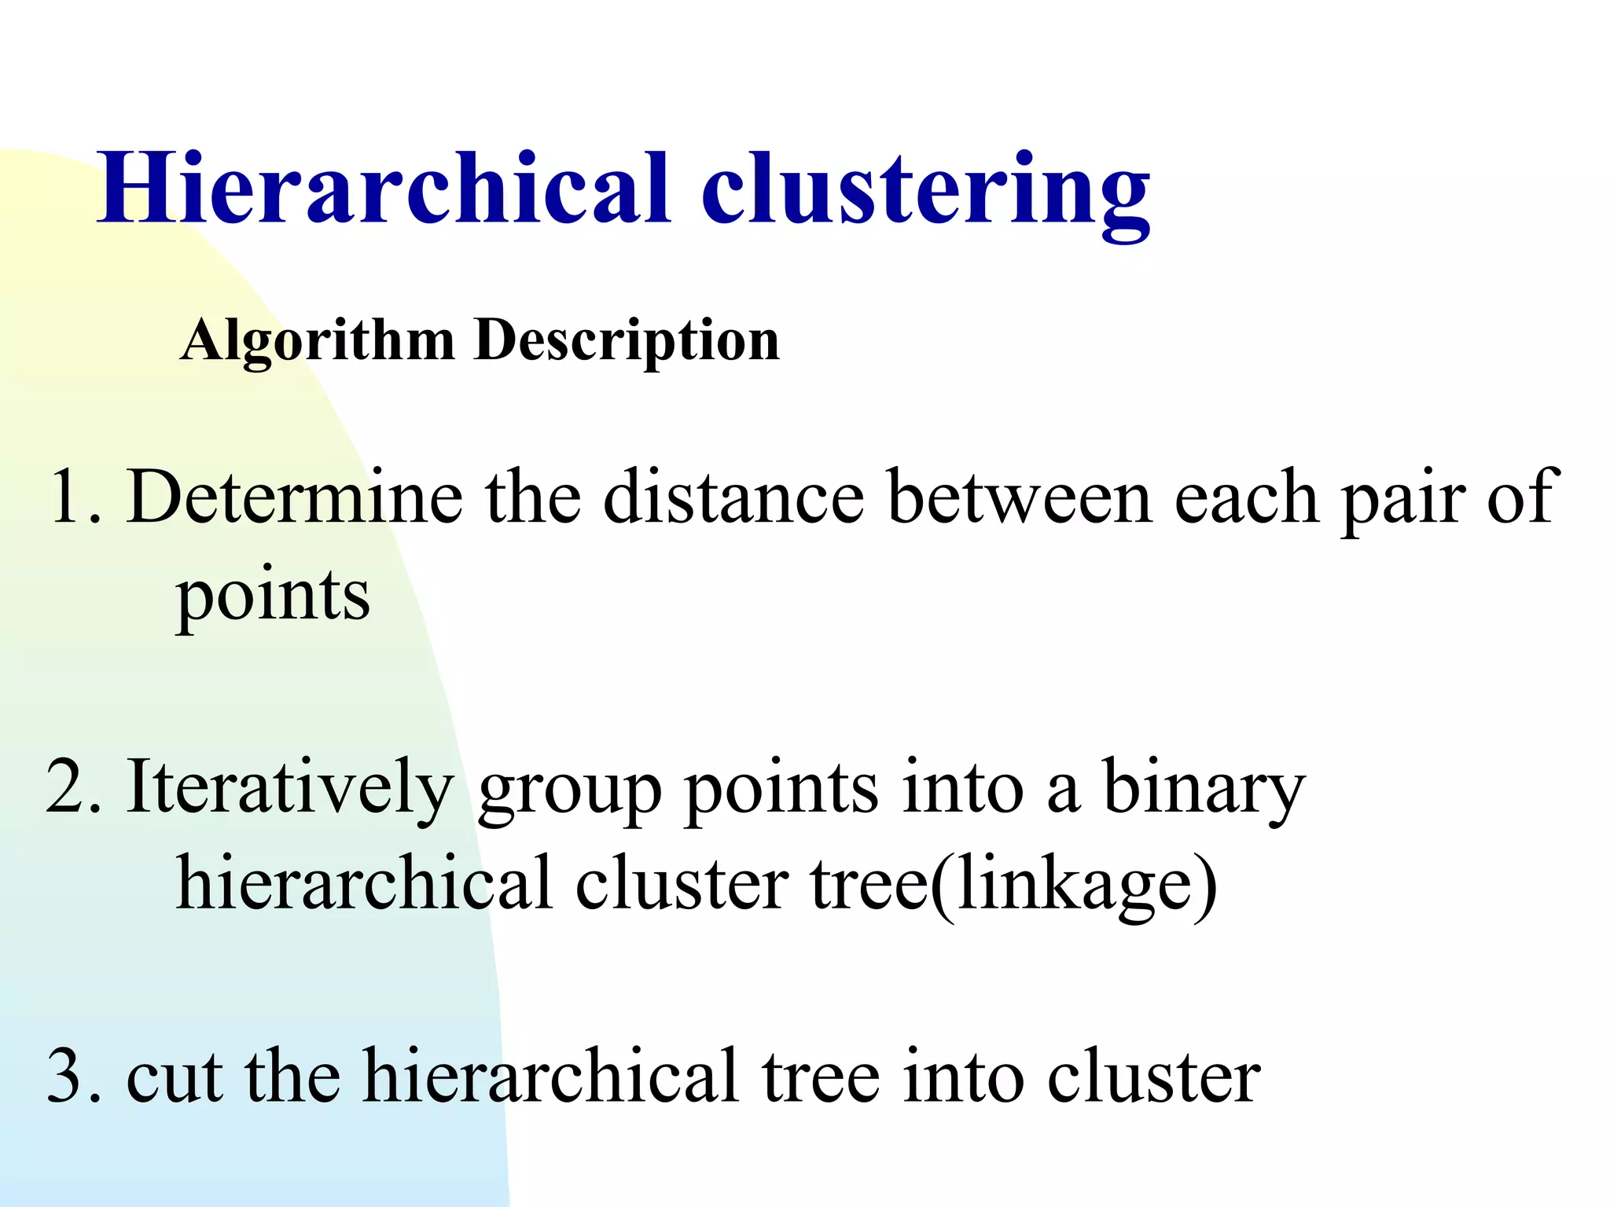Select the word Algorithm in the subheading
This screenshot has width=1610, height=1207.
[x=317, y=343]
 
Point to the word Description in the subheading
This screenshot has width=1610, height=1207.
[x=627, y=343]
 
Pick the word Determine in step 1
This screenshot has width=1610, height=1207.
[x=295, y=497]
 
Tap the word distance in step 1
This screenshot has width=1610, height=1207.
[x=733, y=497]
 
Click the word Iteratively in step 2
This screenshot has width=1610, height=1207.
[x=289, y=788]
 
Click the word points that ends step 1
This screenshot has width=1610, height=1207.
[x=272, y=597]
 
